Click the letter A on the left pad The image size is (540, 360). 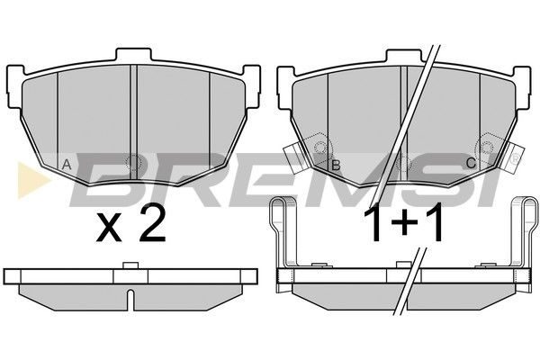[67, 165]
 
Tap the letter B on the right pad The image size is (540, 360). [336, 166]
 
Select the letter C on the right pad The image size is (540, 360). [471, 163]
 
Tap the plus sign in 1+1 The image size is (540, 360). [403, 224]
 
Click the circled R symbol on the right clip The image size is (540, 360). [515, 158]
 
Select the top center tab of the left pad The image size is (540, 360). [133, 55]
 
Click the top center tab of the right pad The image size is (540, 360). [403, 56]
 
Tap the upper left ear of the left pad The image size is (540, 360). [15, 86]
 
